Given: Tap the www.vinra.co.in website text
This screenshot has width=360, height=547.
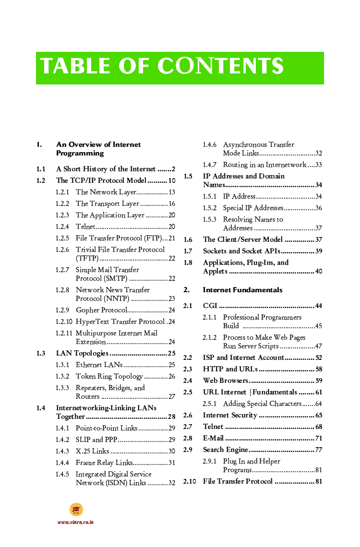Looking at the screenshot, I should point(75,522).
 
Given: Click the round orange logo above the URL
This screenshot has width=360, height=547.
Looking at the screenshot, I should point(76,510).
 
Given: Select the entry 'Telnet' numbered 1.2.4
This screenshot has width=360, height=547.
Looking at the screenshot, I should point(85,226).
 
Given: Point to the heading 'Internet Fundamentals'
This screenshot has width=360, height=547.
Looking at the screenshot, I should point(242,290).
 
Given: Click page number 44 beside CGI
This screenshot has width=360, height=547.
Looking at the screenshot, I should point(318,306).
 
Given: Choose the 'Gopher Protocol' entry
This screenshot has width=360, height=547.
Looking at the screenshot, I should point(101,310).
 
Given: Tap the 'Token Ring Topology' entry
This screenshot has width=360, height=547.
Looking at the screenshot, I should point(109,376).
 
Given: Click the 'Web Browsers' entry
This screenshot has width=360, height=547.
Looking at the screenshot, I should point(225,381).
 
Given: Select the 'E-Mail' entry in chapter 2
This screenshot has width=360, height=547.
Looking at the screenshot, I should point(213,438).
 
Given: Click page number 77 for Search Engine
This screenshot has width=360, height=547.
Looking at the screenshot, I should point(318,450).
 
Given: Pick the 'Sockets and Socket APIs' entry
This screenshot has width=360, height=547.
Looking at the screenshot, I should point(242,251).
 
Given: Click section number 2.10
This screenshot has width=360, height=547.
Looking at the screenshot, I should point(190,481).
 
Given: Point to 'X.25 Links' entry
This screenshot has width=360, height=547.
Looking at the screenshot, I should point(93,451).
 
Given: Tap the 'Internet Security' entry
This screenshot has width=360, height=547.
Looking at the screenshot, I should point(230,415).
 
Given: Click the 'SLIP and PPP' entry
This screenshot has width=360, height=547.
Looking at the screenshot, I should point(96,440).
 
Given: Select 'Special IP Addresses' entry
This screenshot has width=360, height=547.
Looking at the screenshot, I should point(253,208).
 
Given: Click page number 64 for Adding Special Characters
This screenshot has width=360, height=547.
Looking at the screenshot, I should point(318,404).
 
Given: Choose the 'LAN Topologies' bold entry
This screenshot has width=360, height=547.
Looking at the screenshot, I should point(82,353).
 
